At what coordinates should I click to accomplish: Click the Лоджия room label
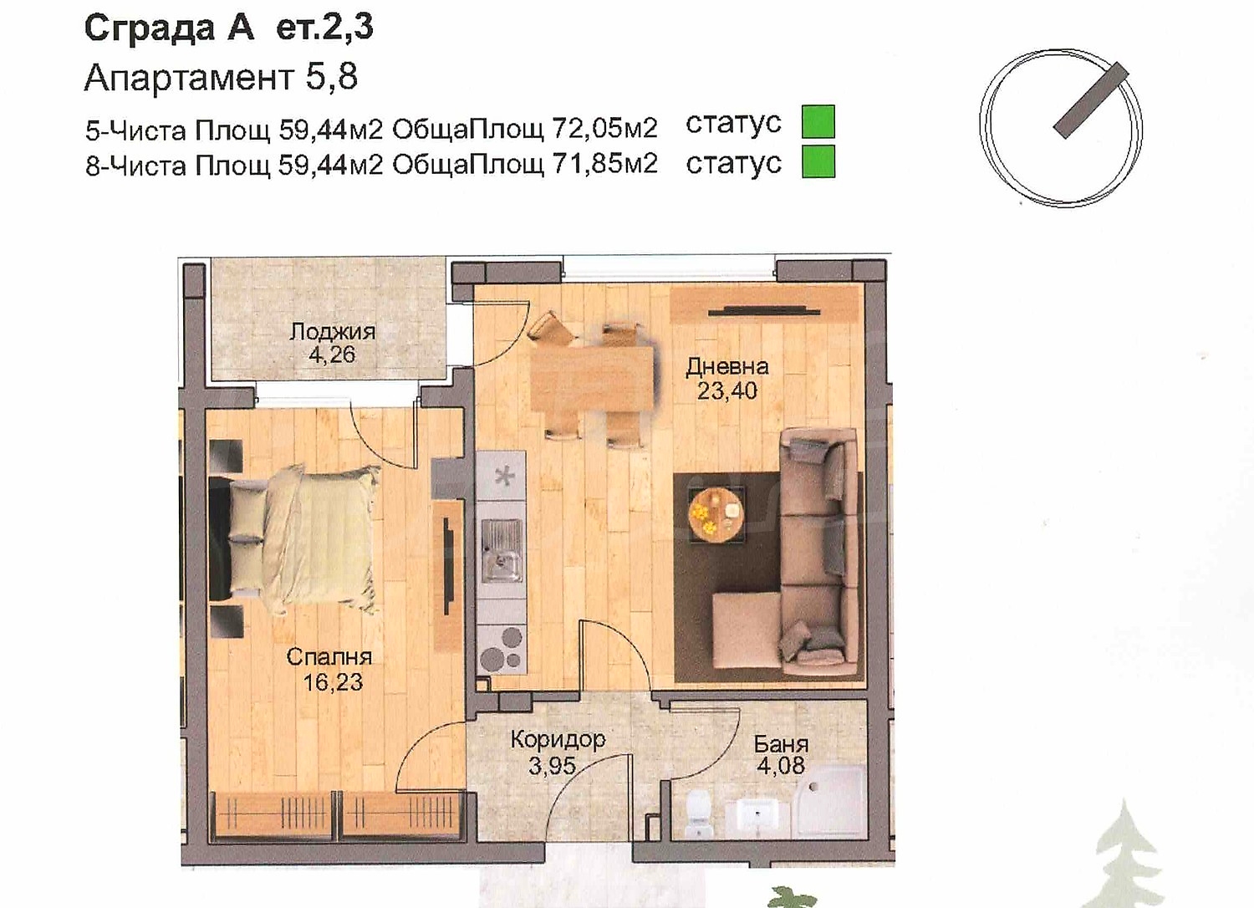pos(333,332)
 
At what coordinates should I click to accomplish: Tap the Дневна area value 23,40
pos(726,390)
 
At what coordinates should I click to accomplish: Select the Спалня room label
pos(329,656)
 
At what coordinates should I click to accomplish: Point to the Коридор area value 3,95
pos(552,765)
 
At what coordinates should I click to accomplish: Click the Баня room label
pos(781,744)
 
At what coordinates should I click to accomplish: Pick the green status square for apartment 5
pos(818,121)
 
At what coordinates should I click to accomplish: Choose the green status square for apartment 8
pos(818,161)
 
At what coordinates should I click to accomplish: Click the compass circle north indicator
pos(1091,100)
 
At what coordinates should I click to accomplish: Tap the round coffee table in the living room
pos(716,514)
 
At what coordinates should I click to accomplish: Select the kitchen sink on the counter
pos(502,549)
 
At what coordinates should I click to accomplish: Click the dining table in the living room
pos(592,379)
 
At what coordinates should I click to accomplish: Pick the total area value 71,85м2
pos(604,164)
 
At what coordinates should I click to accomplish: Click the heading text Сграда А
pos(170,28)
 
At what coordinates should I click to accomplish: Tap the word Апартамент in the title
pos(190,78)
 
